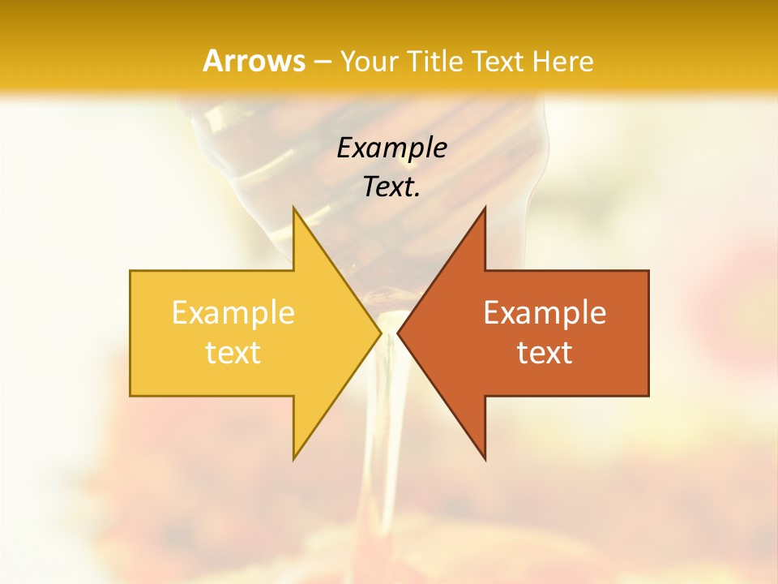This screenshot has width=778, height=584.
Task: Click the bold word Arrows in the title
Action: pyautogui.click(x=254, y=61)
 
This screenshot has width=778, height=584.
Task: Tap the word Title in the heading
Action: pyautogui.click(x=435, y=62)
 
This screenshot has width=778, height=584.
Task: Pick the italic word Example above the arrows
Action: pyautogui.click(x=391, y=148)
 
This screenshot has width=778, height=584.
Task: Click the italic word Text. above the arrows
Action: pyautogui.click(x=391, y=187)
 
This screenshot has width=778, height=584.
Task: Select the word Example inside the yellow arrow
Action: pyautogui.click(x=233, y=312)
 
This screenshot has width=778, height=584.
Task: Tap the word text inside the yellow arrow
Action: pyautogui.click(x=233, y=353)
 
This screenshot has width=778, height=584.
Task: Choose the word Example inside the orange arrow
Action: pyautogui.click(x=545, y=312)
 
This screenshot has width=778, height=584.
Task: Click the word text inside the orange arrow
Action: pyautogui.click(x=545, y=353)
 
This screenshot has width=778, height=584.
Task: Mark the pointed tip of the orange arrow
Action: pyautogui.click(x=399, y=333)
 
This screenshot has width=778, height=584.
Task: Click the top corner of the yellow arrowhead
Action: pyautogui.click(x=294, y=208)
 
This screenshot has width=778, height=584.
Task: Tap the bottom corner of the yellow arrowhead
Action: pyautogui.click(x=294, y=459)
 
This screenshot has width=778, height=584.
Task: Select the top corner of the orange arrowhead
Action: pyautogui.click(x=485, y=208)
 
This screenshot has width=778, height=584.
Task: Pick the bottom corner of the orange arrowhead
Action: pyautogui.click(x=485, y=459)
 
